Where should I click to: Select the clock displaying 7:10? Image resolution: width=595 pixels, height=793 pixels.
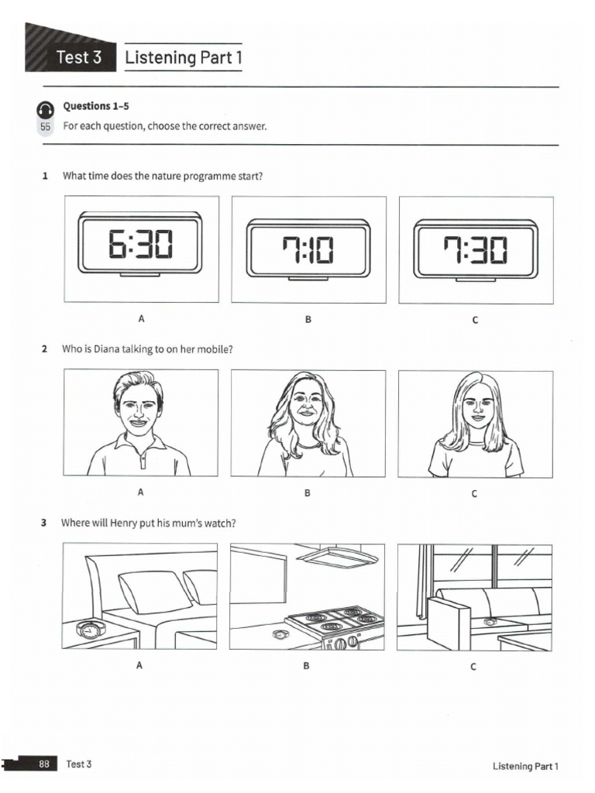click(x=308, y=249)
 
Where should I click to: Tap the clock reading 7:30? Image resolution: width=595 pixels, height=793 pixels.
click(x=475, y=249)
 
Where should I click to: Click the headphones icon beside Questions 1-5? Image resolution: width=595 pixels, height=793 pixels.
click(x=45, y=108)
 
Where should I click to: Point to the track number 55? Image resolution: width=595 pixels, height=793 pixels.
click(x=45, y=126)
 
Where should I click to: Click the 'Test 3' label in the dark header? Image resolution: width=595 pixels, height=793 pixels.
click(x=78, y=57)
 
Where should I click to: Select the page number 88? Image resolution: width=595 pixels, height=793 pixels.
click(x=44, y=764)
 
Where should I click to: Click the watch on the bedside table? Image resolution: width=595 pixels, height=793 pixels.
click(x=90, y=630)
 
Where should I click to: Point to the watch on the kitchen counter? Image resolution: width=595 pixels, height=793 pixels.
click(x=280, y=634)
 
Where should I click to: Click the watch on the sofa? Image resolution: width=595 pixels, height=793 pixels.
click(x=490, y=621)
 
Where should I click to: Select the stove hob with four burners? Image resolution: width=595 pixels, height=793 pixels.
click(x=335, y=620)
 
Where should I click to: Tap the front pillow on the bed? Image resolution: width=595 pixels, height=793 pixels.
click(x=154, y=593)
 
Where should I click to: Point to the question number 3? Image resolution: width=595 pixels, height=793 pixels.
click(x=44, y=523)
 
